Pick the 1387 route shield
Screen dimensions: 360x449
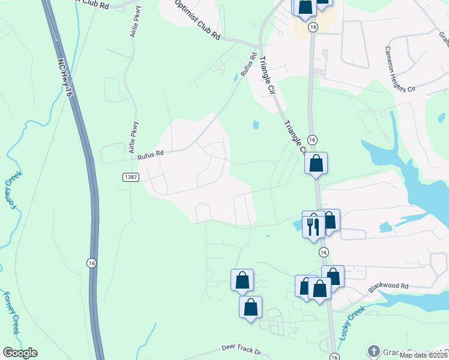coord(131,177)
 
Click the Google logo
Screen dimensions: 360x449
coord(20,353)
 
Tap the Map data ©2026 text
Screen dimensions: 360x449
coord(424,355)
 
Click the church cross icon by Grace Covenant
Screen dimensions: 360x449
coord(373,350)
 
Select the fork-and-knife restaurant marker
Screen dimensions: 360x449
coord(312,226)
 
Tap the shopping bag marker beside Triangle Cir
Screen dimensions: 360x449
coord(316,163)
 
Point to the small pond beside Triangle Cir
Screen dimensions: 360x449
coord(256,125)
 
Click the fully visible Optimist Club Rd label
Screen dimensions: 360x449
coord(197,20)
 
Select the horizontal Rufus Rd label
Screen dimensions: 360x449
coord(150,155)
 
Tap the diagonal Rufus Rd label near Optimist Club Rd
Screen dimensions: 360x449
coord(249,65)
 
